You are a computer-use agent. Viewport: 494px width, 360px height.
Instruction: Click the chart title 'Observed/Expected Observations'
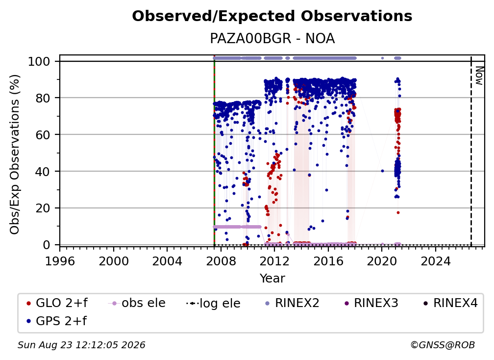click(272, 16)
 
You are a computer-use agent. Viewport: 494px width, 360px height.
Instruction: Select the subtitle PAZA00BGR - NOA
click(272, 39)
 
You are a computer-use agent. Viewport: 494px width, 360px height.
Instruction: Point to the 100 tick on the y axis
click(39, 61)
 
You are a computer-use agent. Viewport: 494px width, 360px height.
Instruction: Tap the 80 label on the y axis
click(43, 98)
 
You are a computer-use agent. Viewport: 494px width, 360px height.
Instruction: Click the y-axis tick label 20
click(43, 208)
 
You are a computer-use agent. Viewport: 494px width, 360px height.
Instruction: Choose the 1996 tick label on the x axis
click(60, 261)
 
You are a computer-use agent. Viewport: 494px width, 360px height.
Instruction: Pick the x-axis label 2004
click(167, 261)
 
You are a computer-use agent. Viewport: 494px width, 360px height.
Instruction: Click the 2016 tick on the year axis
click(328, 261)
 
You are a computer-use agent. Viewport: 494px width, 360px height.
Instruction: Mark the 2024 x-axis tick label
click(435, 261)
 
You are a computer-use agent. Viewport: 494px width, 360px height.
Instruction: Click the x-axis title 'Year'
click(272, 279)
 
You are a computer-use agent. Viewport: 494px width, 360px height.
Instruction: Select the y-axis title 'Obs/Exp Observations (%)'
click(15, 154)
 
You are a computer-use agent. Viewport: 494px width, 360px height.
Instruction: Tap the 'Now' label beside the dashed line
click(479, 76)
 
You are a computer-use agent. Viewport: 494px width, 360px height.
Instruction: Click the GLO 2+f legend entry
click(57, 303)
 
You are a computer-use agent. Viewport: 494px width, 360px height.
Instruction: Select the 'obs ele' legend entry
click(137, 303)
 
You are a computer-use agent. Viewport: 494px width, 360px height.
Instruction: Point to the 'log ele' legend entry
click(213, 304)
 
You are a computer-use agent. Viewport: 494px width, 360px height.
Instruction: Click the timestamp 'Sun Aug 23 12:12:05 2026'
click(81, 345)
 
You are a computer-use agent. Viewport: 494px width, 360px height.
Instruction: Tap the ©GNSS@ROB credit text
click(443, 345)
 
